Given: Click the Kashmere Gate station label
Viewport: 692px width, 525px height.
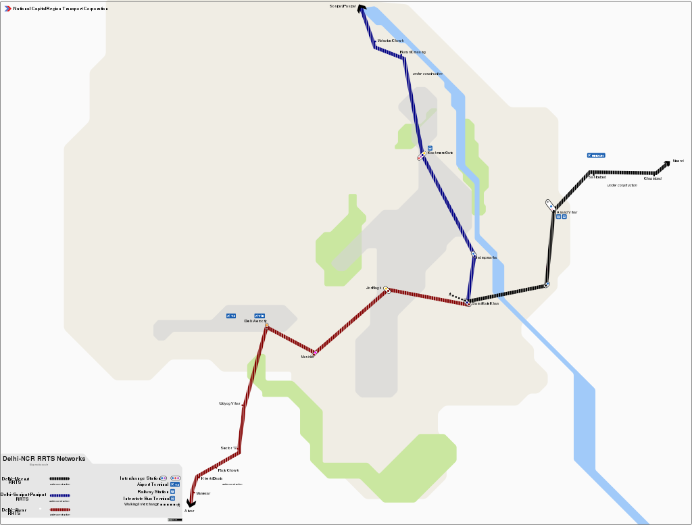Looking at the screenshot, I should (x=440, y=153).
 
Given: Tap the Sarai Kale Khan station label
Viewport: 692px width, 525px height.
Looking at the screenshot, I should (x=485, y=304).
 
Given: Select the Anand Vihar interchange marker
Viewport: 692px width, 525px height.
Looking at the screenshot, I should (x=550, y=203).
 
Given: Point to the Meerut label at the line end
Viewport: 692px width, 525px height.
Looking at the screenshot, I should (x=678, y=161).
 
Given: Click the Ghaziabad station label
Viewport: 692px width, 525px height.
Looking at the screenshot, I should (x=652, y=178).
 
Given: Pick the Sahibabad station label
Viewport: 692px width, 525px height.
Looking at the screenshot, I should (x=597, y=177).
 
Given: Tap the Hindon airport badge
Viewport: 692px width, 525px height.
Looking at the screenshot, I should (x=596, y=155).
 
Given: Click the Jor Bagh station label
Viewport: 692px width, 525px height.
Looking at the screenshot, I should (x=374, y=288).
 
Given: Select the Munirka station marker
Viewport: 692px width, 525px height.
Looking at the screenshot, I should (x=315, y=352).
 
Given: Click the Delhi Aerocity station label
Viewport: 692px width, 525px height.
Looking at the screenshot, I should (x=255, y=321).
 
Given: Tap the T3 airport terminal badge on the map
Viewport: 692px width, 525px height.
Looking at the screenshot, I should (x=231, y=316).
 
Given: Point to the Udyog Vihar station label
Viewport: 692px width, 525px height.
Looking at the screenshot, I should (x=230, y=403).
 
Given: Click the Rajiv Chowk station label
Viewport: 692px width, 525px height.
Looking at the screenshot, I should (x=228, y=470).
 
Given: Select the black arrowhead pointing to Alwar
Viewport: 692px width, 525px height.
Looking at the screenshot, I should (x=191, y=503).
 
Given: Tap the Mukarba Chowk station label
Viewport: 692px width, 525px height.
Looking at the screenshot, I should (x=390, y=41).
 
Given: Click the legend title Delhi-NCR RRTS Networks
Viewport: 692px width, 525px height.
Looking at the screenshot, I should (x=44, y=458).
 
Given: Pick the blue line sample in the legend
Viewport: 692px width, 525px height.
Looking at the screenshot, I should (x=60, y=495).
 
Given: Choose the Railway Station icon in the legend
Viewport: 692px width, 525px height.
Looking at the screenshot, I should (x=172, y=491).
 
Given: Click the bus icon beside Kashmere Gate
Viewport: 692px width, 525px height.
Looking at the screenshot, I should (x=429, y=147).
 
